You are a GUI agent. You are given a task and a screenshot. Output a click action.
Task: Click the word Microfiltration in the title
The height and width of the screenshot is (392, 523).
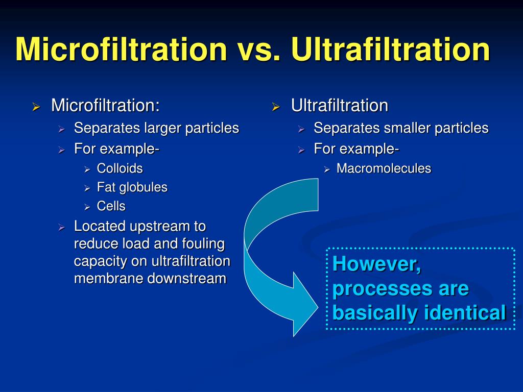point(122,50)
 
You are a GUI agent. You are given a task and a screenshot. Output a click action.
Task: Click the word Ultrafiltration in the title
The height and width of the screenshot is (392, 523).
point(391,50)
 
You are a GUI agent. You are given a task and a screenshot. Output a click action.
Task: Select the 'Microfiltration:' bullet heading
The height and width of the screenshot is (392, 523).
point(105,106)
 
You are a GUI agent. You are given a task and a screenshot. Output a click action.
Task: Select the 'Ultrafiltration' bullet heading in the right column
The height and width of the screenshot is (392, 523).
point(340,106)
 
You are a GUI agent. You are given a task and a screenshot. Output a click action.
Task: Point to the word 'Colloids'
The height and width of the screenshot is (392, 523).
point(120,168)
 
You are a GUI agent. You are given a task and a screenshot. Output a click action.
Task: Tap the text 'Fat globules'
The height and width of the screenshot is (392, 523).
point(132,187)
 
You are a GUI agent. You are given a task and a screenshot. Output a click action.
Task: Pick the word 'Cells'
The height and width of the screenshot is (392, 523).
point(111,206)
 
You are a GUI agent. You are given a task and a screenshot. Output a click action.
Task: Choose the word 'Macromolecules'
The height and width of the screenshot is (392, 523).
point(384,168)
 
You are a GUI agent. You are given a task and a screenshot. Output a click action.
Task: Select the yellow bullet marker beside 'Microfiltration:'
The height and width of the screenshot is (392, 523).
point(36,107)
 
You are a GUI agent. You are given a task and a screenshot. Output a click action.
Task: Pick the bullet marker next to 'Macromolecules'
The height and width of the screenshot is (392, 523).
point(327,169)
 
